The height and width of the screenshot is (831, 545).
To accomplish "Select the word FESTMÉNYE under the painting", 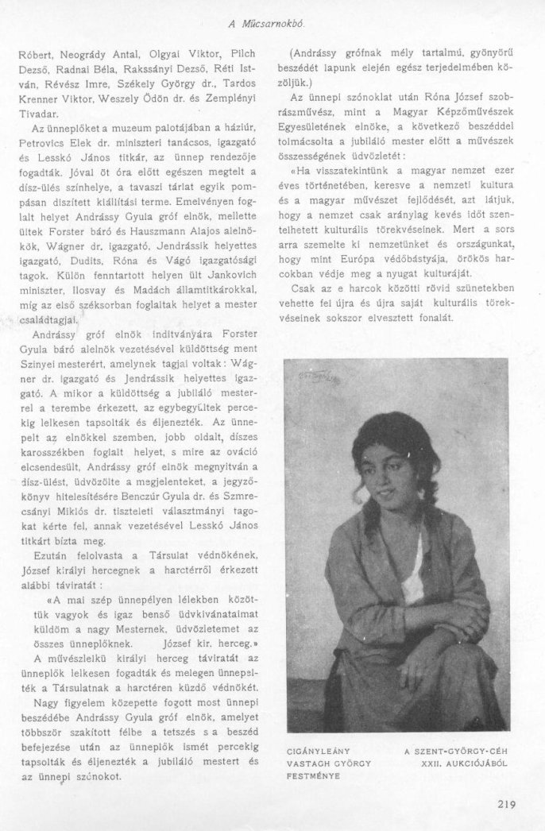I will point(311,775).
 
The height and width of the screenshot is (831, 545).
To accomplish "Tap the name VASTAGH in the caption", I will point(306,762).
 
